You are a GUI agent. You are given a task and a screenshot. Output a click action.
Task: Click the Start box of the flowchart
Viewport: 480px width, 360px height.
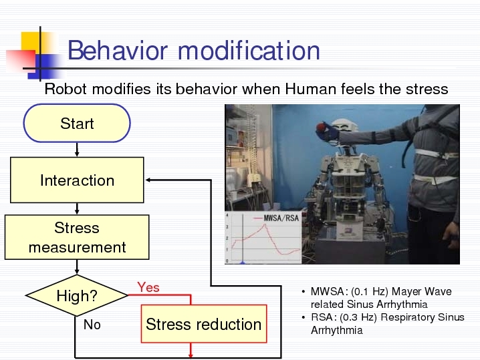pyautogui.click(x=77, y=124)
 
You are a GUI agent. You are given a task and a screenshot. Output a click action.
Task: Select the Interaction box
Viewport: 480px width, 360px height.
pyautogui.click(x=77, y=180)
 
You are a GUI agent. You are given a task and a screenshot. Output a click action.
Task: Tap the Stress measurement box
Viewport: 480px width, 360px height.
pyautogui.click(x=77, y=237)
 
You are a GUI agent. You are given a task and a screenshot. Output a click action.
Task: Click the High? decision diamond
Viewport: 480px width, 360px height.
pyautogui.click(x=77, y=295)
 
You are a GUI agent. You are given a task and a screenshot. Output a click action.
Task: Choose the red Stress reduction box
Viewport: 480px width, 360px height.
pyautogui.click(x=204, y=324)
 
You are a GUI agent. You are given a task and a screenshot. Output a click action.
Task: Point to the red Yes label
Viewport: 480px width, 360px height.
pyautogui.click(x=148, y=287)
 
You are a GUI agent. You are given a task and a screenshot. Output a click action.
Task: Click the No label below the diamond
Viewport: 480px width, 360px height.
pyautogui.click(x=92, y=325)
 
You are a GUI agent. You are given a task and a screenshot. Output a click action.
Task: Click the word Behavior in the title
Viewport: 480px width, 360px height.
pyautogui.click(x=118, y=51)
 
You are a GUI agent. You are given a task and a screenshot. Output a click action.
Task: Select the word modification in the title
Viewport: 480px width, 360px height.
pyautogui.click(x=249, y=51)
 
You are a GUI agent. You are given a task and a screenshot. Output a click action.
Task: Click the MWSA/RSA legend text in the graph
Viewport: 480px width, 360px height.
pyautogui.click(x=281, y=218)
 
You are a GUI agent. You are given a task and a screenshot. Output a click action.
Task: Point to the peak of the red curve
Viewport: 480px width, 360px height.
pyautogui.click(x=265, y=225)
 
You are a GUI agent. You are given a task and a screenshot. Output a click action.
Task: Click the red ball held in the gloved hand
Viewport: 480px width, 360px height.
pyautogui.click(x=321, y=127)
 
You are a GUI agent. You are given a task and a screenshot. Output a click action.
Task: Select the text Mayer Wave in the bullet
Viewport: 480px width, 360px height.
pyautogui.click(x=422, y=291)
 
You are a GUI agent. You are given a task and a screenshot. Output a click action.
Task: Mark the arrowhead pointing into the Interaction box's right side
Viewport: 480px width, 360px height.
pyautogui.click(x=148, y=180)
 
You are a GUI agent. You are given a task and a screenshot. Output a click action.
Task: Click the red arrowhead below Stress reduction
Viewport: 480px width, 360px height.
pyautogui.click(x=191, y=356)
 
